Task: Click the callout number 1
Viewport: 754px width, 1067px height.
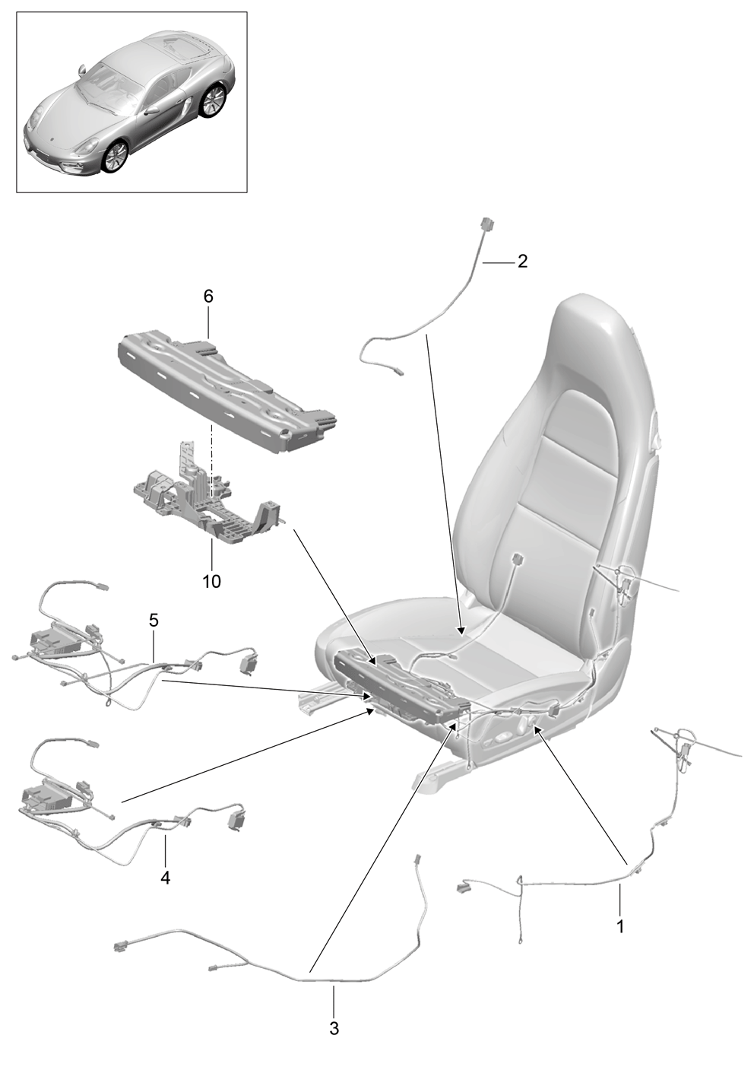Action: coord(619,926)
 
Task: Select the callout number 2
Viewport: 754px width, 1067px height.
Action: coord(522,261)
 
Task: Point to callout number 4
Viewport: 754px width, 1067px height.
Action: coord(165,877)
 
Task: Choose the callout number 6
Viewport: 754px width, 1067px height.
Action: coord(208,297)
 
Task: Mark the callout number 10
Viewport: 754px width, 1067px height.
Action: coord(212,581)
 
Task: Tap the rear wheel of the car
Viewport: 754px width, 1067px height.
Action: coord(213,100)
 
